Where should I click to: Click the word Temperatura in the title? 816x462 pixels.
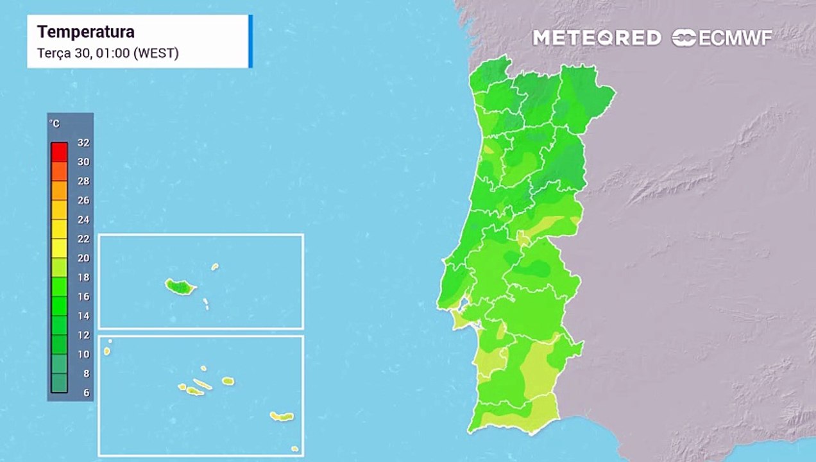coord(85,32)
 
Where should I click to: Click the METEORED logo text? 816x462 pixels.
coord(597,38)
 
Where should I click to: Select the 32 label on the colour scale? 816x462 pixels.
coord(83,142)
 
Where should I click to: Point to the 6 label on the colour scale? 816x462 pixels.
coord(86,393)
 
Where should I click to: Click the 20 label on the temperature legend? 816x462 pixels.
coord(83,258)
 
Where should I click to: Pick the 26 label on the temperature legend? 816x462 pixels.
coord(83,200)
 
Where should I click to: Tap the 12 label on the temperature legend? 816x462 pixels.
coord(83,335)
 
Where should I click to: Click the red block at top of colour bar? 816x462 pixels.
coord(59,151)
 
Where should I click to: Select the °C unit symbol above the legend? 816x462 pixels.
coord(55,123)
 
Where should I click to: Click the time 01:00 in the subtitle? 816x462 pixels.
coord(112,53)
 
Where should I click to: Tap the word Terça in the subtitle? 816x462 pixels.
coord(53,53)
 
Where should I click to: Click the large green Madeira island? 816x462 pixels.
coord(180,286)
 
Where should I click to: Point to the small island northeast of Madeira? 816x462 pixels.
coord(215,266)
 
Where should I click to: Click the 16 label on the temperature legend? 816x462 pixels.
coord(83,296)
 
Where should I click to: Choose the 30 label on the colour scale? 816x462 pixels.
coord(83,162)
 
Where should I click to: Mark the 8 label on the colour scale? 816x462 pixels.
coord(86,373)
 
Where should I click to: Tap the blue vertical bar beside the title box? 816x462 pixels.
coord(250,41)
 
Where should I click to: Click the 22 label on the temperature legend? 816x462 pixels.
coord(83,239)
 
